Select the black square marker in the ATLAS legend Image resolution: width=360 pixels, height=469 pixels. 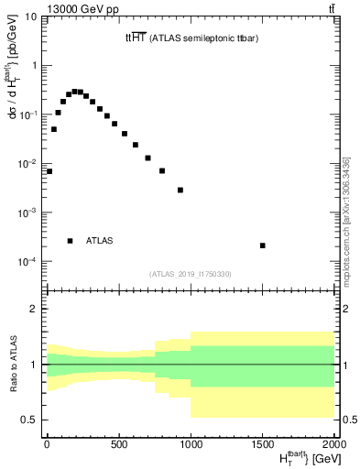(x=70, y=241)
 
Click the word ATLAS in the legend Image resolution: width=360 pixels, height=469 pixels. (x=99, y=241)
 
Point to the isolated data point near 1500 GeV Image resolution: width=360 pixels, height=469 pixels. (x=262, y=245)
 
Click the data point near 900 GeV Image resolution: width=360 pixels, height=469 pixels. (x=180, y=190)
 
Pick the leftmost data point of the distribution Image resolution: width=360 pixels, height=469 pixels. (x=49, y=171)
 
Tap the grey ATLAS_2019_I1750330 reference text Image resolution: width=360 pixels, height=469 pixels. (x=191, y=273)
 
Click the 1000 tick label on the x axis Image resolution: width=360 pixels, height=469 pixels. (x=191, y=446)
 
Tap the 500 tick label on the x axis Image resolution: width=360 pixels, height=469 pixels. (x=118, y=446)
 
